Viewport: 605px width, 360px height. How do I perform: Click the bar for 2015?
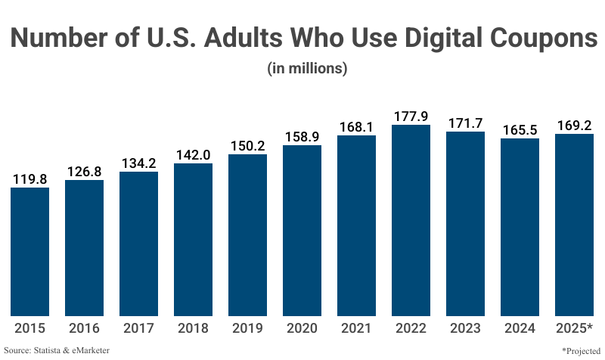click(29, 251)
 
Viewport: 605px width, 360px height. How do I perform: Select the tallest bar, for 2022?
click(411, 220)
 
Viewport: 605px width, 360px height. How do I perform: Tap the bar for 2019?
click(247, 234)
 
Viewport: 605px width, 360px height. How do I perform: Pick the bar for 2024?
click(520, 227)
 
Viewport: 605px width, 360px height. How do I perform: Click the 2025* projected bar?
click(574, 225)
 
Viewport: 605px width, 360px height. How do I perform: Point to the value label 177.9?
click(411, 116)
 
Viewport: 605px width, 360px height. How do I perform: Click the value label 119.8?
click(29, 178)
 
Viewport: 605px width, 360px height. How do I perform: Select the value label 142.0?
click(193, 154)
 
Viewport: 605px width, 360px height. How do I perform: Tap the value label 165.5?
click(520, 129)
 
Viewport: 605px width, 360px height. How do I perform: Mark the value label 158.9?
click(302, 136)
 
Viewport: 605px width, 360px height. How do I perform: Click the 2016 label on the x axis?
click(84, 328)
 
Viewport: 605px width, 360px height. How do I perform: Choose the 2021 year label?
click(356, 328)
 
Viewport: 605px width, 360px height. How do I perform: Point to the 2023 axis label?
click(465, 328)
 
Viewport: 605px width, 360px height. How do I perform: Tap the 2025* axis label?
click(574, 328)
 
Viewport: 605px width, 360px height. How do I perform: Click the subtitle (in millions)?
click(307, 68)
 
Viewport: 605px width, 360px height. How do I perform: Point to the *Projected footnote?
click(579, 350)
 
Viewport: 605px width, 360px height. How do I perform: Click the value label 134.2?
click(138, 163)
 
